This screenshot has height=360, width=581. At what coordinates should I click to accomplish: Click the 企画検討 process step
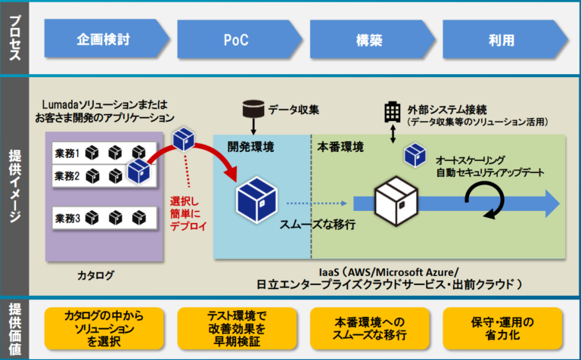click(104, 39)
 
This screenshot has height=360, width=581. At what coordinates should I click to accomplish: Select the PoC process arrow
click(236, 39)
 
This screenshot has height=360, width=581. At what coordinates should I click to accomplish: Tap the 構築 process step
click(368, 39)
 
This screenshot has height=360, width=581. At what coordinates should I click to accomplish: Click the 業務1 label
click(67, 154)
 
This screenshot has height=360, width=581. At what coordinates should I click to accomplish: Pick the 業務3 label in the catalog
click(67, 219)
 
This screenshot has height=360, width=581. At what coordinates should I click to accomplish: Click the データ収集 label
click(294, 110)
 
